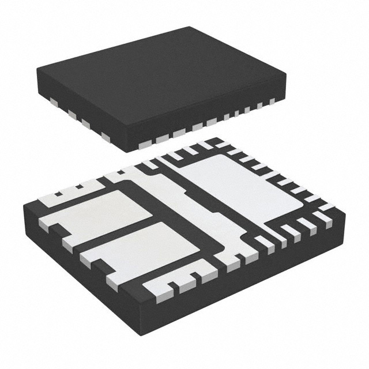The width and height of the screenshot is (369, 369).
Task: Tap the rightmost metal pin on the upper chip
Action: (273, 103)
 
